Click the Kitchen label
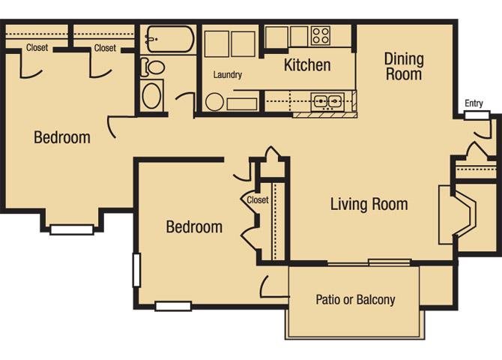(307, 64)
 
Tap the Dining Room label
(404, 66)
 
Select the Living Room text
(369, 204)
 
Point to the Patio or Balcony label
(355, 299)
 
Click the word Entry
(474, 103)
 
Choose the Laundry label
(227, 75)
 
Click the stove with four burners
(321, 35)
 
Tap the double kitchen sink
(327, 101)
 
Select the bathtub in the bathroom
(170, 39)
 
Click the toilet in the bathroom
(152, 67)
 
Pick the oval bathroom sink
(151, 95)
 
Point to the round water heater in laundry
(214, 102)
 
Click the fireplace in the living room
(458, 214)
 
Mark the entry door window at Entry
(477, 115)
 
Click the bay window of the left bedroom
(72, 229)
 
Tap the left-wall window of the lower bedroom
(136, 270)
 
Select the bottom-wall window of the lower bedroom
(173, 306)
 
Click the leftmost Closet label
(37, 48)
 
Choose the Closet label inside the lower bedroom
(258, 200)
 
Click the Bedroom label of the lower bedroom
(194, 227)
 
